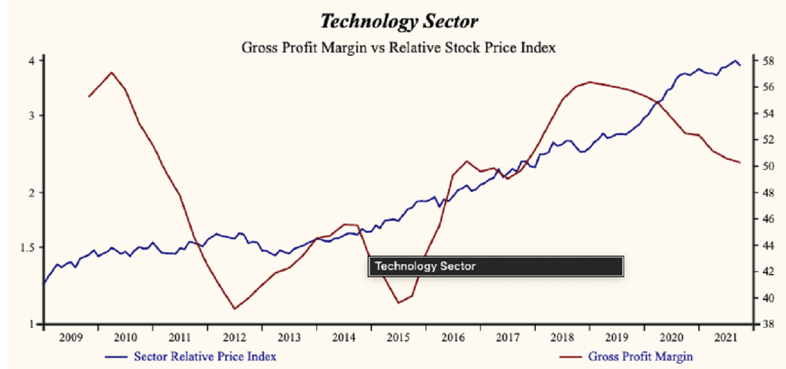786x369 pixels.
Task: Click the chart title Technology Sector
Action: coord(399,21)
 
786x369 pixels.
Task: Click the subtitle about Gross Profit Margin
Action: coord(399,47)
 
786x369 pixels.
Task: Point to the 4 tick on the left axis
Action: coord(31,60)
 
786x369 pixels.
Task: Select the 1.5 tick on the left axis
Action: coord(27,247)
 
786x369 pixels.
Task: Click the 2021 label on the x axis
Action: coord(724,338)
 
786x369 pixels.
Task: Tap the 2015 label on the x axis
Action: coord(398,338)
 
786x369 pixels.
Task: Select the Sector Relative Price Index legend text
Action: coord(204,357)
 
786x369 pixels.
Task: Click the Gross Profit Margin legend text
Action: coord(641,357)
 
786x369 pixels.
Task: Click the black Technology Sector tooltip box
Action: coord(496,266)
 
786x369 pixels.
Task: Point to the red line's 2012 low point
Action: coord(234,309)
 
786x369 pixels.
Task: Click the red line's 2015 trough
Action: coord(398,302)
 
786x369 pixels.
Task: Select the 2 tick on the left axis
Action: coord(31,192)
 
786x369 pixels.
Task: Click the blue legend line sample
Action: coord(116,357)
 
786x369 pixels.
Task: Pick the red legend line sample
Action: coord(571,357)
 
